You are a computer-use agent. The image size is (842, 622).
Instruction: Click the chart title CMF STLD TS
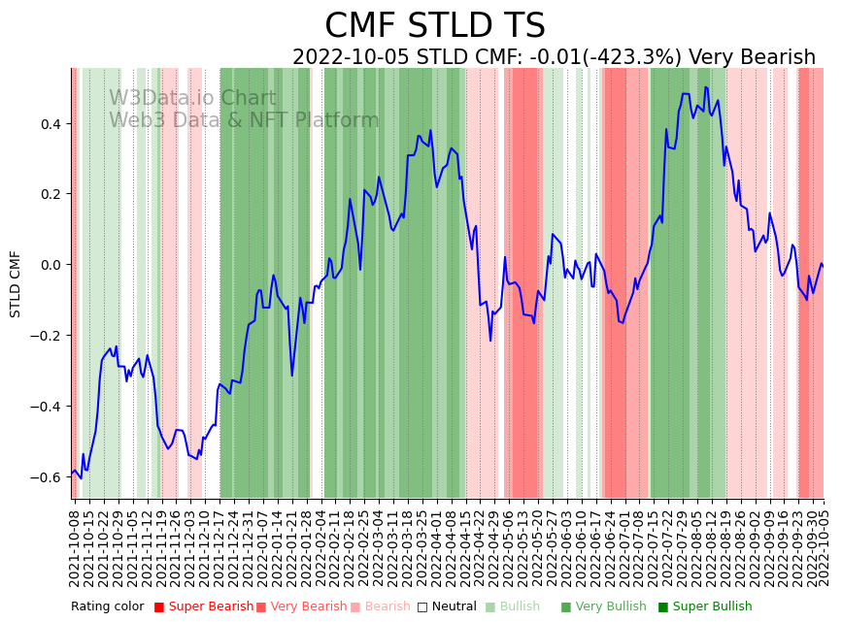point(435,26)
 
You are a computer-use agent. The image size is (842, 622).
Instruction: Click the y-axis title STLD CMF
point(16,283)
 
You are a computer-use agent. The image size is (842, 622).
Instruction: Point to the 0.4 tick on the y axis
point(50,124)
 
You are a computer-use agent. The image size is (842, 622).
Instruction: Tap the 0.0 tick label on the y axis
point(50,265)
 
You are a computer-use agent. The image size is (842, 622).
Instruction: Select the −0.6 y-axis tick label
point(46,477)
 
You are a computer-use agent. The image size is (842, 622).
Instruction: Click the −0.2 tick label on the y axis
point(46,336)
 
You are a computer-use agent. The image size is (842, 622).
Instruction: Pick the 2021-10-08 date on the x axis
point(75,544)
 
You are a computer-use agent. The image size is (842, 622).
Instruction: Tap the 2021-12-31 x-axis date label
point(249,544)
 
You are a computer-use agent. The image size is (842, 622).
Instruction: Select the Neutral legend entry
point(448,607)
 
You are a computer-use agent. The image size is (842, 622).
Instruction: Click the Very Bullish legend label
point(611,607)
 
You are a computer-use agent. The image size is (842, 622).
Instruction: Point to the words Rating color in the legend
point(107,607)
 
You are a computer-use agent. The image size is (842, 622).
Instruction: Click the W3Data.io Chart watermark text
point(192,98)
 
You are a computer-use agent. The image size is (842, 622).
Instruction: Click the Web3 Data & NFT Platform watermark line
point(244,120)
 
